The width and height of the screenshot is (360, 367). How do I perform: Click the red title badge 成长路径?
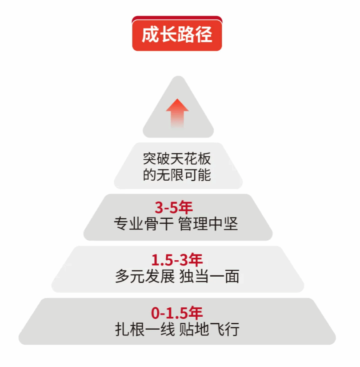(177, 34)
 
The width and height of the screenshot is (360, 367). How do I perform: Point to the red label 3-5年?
(175, 208)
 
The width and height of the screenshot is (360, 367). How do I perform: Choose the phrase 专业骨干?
(144, 223)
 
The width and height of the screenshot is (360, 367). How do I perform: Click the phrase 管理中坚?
(208, 223)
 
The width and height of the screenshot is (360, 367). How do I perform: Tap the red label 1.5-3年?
(177, 260)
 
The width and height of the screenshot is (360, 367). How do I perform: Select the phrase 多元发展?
(144, 276)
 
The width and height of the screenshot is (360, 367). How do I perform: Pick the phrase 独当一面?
(209, 276)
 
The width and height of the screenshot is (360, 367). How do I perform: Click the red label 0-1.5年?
(177, 313)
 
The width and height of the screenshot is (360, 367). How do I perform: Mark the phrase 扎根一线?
(144, 329)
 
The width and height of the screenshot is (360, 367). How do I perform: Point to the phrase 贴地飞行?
(209, 329)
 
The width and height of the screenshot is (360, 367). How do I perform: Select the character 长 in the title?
(168, 35)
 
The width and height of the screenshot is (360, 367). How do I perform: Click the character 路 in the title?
(186, 35)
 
